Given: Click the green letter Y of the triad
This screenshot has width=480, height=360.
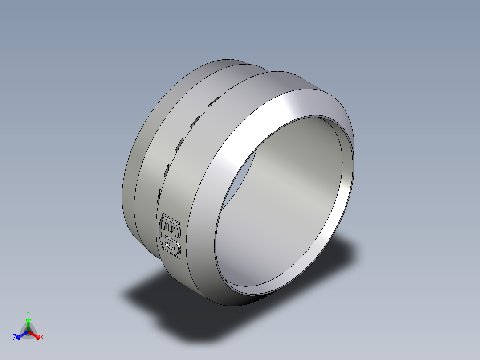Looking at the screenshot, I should [x=28, y=313].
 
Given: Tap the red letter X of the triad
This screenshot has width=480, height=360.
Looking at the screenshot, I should [x=42, y=338].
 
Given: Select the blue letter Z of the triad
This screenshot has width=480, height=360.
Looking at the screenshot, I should [x=15, y=338].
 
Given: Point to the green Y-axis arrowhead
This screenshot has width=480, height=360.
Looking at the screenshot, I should [x=28, y=320].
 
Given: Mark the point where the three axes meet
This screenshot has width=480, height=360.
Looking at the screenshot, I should [x=28, y=332].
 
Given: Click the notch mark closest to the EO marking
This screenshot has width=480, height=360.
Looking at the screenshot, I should [x=159, y=196].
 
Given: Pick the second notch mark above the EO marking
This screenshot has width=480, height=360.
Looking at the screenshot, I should [x=168, y=169].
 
